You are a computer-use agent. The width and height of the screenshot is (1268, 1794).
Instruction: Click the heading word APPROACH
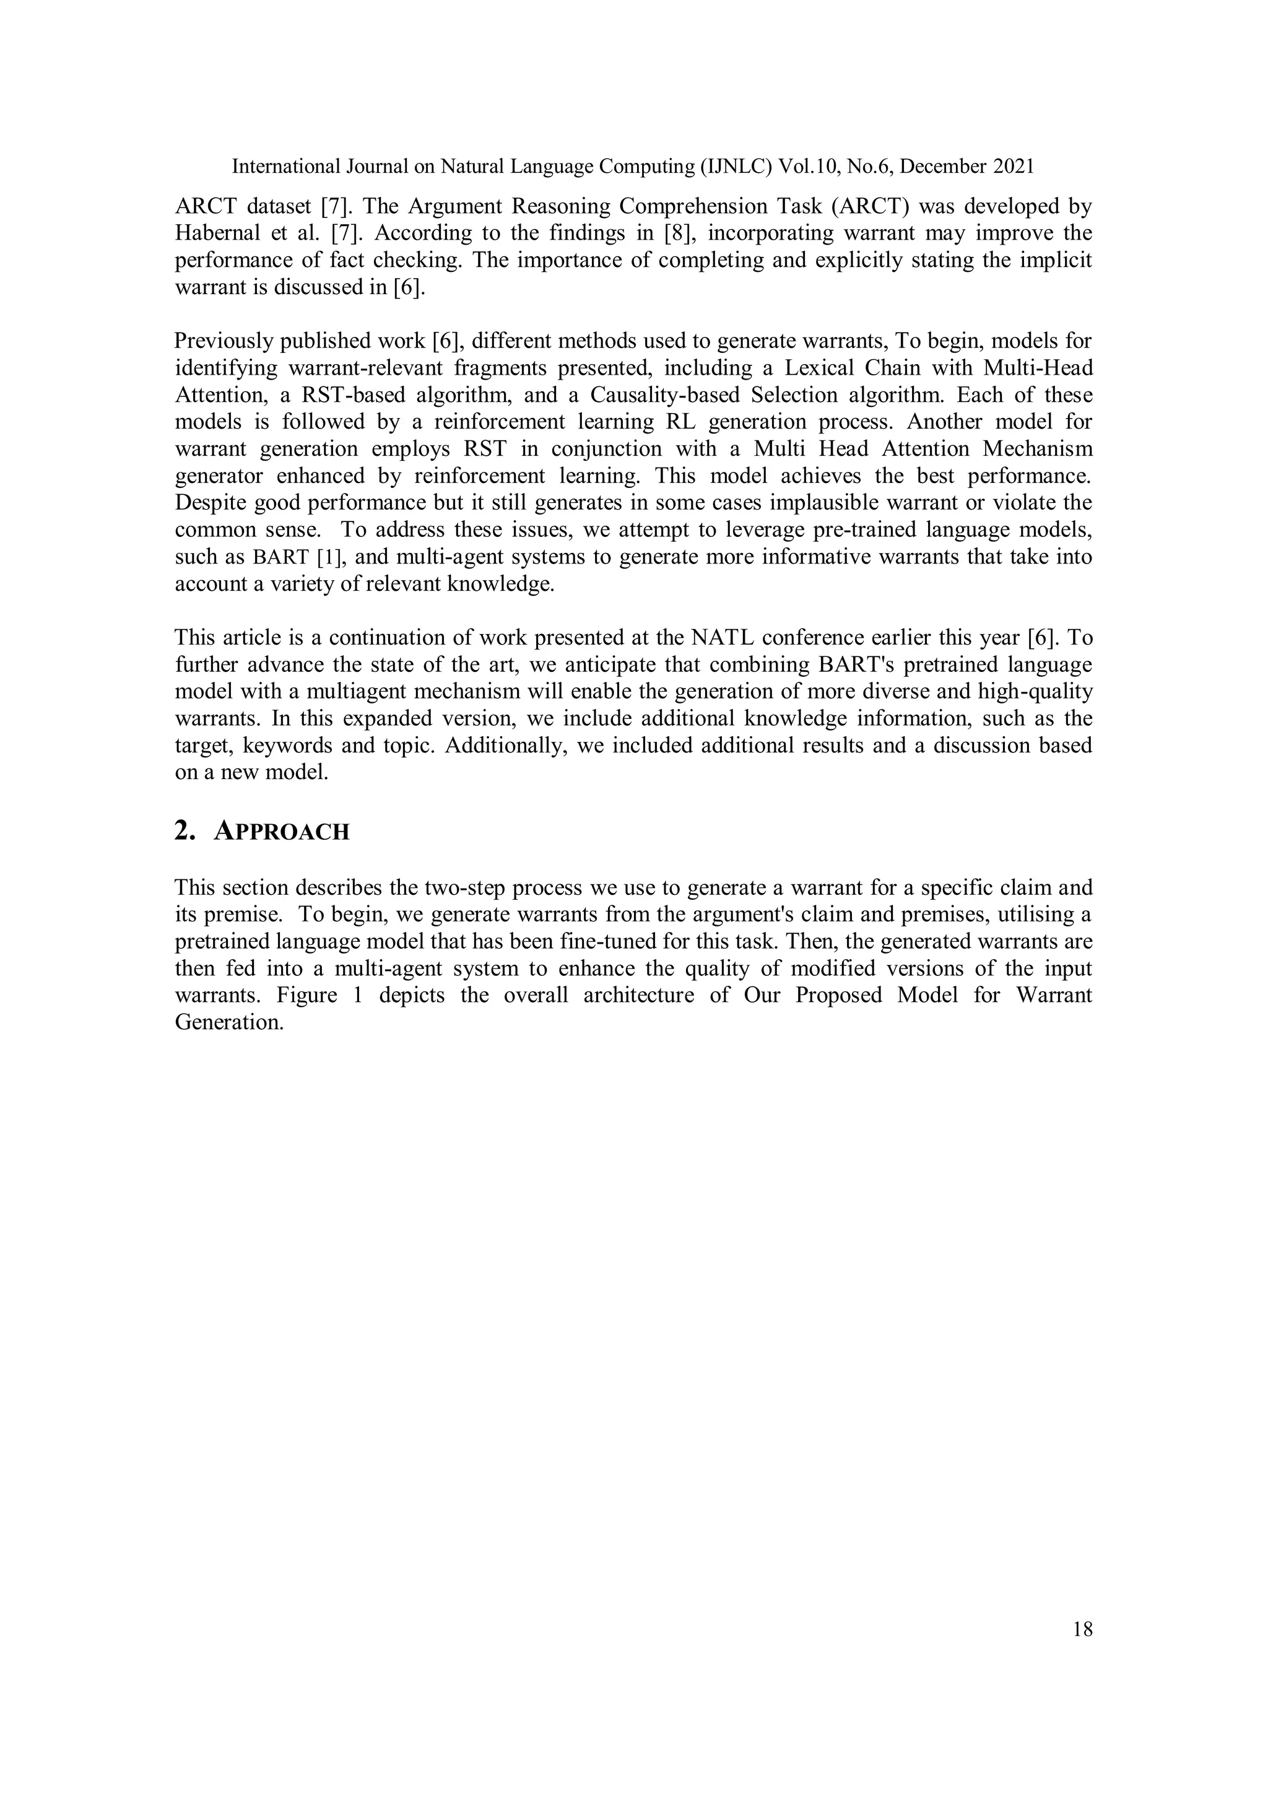coord(281,832)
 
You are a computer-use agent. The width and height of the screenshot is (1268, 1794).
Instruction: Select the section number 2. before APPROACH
coord(185,832)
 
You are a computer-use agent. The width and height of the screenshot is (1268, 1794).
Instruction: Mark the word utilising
coord(1011,914)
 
